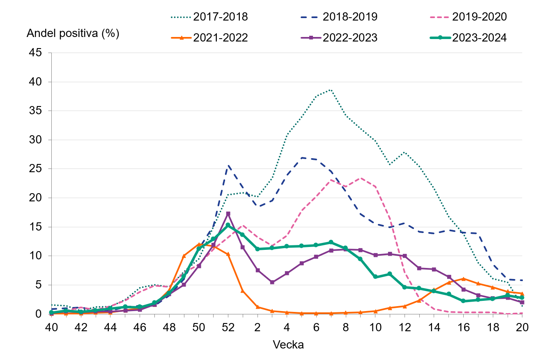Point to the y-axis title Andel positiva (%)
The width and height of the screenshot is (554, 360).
(x=73, y=34)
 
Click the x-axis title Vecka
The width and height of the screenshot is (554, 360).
(x=288, y=344)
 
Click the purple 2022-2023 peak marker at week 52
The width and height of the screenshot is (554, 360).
(x=228, y=214)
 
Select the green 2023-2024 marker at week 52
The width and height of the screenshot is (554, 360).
(x=228, y=225)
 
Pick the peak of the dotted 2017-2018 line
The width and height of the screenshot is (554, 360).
(x=331, y=90)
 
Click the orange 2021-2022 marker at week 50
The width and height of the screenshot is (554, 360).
(x=199, y=245)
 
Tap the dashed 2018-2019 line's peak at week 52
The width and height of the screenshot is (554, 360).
(x=228, y=166)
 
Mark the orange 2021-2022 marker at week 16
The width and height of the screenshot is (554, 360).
(x=463, y=279)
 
